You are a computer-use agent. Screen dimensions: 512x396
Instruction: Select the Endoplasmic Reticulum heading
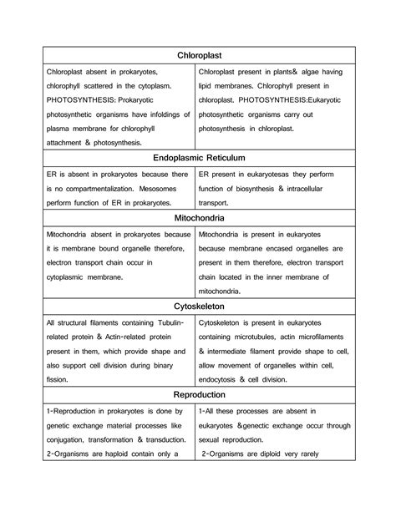[x=198, y=157]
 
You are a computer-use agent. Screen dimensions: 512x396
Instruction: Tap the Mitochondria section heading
[x=198, y=217]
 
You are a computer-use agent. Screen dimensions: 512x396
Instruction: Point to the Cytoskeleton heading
[x=198, y=307]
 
